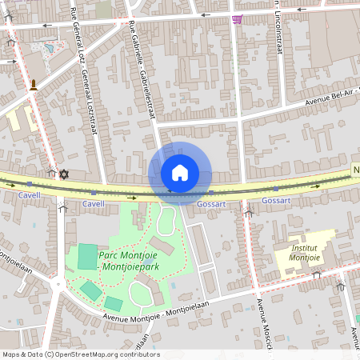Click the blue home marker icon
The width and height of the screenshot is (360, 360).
[180, 172]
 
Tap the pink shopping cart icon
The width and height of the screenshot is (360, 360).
[237, 19]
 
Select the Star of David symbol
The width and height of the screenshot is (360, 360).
[64, 174]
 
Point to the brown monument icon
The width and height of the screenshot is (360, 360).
[34, 85]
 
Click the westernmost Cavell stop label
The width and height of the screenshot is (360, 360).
[29, 194]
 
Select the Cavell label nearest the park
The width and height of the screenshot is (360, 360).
[94, 204]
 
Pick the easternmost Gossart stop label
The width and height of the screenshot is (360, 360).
[276, 200]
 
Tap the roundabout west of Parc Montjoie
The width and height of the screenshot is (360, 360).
[58, 283]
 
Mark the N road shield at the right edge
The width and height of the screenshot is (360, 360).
[355, 170]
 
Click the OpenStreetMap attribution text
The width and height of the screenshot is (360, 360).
[80, 354]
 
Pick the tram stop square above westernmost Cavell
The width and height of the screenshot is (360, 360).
[29, 184]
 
